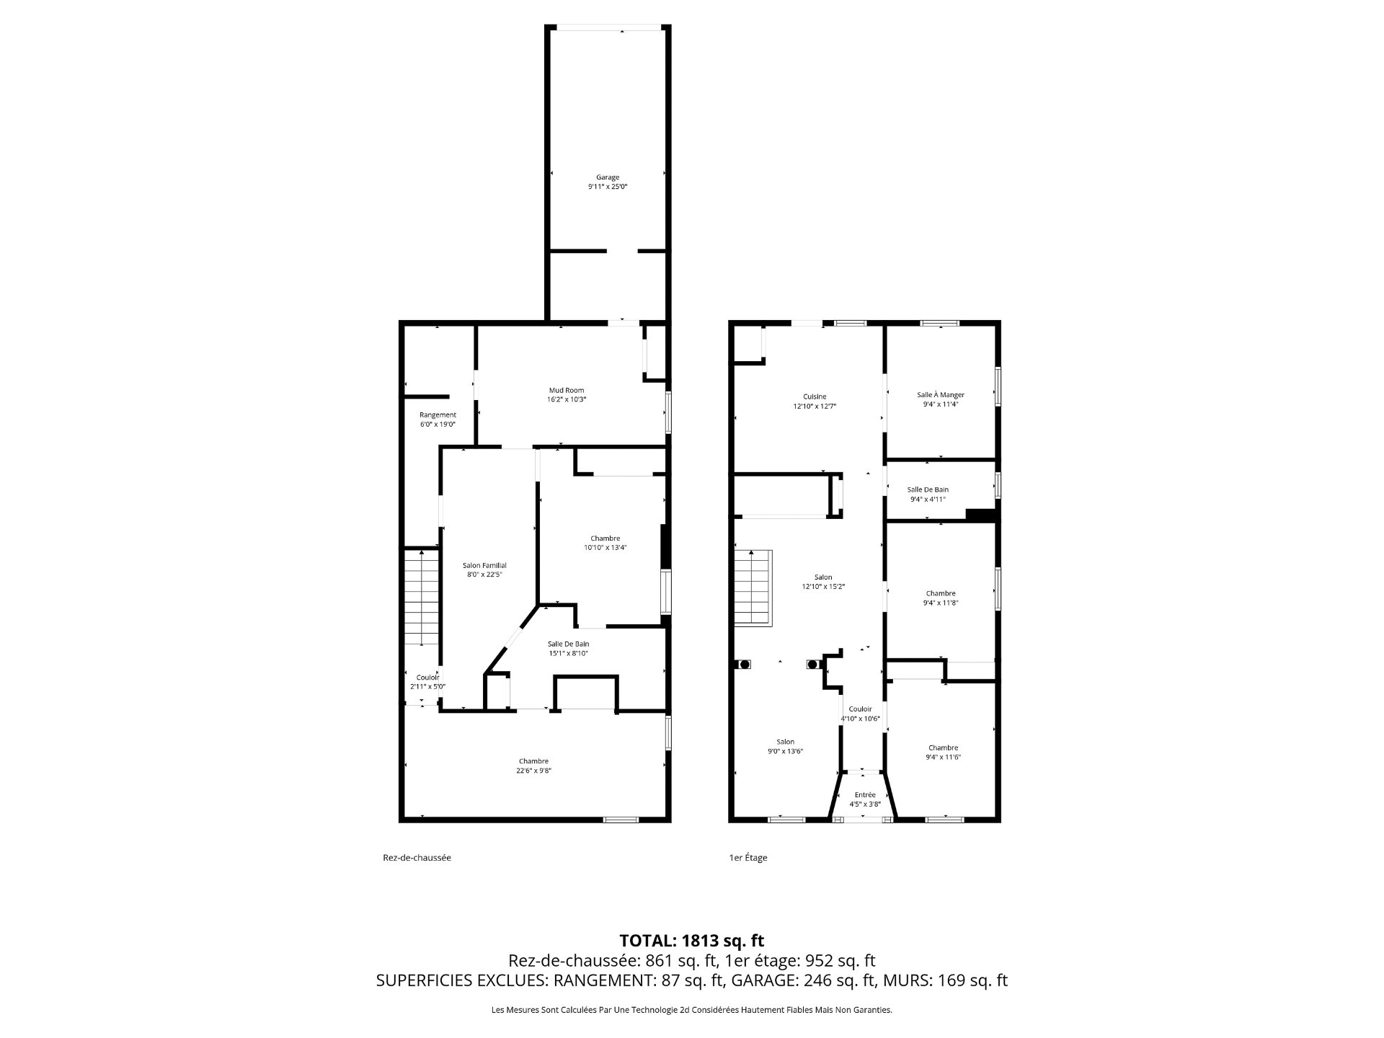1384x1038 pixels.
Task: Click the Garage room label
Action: tap(607, 177)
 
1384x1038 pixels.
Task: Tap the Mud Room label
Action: tap(567, 390)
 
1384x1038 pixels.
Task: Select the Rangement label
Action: tap(438, 414)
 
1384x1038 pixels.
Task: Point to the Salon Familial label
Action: tap(484, 565)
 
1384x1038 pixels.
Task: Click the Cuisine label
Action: tap(815, 396)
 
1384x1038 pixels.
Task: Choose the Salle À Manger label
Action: tap(941, 394)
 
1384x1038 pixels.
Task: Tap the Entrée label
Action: tap(865, 794)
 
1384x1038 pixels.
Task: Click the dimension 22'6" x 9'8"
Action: tap(533, 771)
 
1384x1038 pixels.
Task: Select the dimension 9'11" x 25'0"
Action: tap(607, 187)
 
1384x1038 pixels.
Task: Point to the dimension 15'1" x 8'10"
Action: tap(568, 653)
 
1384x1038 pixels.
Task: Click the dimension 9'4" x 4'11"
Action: tap(928, 499)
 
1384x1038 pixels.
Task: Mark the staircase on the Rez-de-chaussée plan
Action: tap(421, 597)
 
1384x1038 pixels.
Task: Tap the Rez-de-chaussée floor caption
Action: tap(417, 858)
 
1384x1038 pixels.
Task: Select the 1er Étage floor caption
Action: tap(748, 858)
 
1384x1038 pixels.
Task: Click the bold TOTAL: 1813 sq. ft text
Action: tap(691, 941)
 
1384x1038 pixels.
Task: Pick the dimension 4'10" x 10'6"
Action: tap(860, 718)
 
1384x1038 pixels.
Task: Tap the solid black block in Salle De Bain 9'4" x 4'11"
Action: tap(980, 515)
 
